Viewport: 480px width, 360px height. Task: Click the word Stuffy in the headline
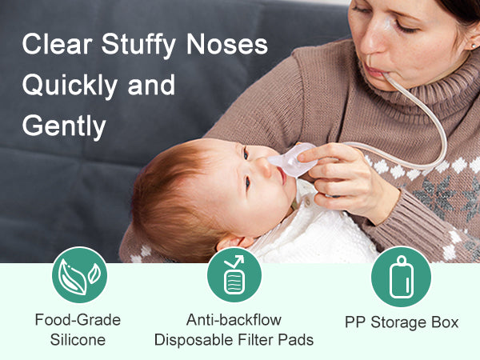[138, 46]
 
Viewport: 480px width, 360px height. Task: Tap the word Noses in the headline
[227, 44]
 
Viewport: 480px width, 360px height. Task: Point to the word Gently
[64, 126]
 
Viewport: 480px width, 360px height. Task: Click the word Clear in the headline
[57, 44]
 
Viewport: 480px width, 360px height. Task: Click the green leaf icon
[79, 275]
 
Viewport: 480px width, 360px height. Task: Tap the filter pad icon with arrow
[234, 275]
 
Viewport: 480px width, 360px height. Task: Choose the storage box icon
[401, 277]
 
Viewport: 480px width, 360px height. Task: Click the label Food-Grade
[78, 320]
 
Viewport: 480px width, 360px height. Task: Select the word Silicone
[78, 340]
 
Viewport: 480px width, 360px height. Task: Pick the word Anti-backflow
[234, 320]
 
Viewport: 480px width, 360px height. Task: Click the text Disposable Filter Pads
[234, 340]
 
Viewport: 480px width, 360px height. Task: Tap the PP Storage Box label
[402, 322]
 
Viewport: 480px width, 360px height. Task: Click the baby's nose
[264, 166]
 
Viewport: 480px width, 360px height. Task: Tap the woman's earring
[474, 46]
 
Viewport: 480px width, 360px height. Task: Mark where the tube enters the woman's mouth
[384, 74]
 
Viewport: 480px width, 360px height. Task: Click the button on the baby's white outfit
[306, 202]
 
